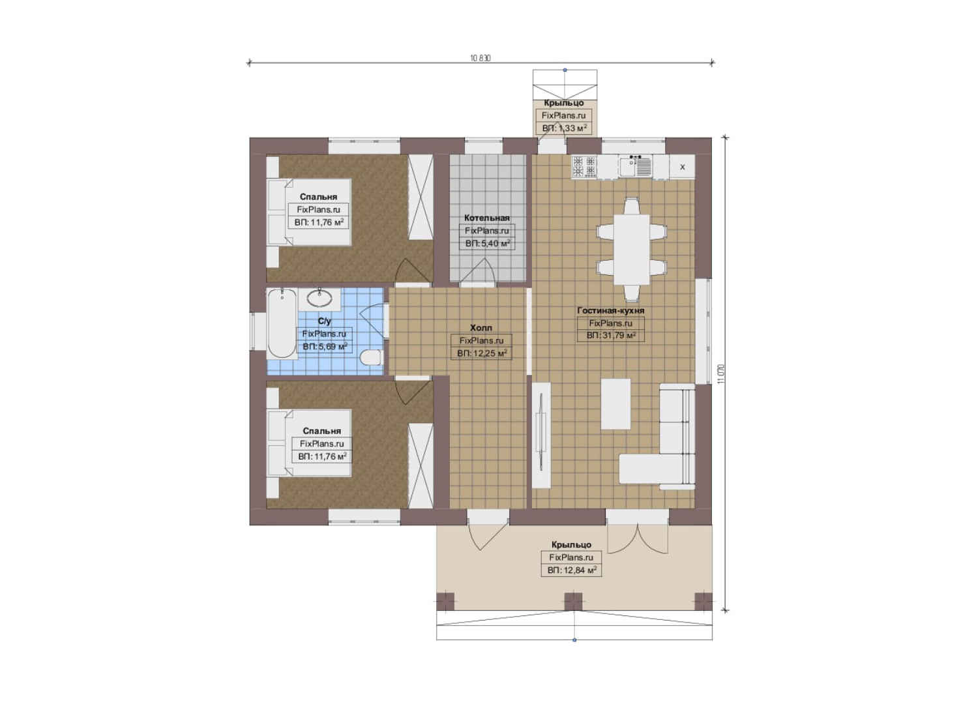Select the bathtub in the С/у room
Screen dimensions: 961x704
[x=282, y=323]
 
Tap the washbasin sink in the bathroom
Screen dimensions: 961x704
[x=319, y=298]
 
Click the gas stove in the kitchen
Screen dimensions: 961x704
[x=584, y=166]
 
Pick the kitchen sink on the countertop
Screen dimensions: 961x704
[x=636, y=166]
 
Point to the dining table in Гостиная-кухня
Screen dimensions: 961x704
[x=632, y=249]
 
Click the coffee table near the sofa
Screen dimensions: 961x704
[x=615, y=403]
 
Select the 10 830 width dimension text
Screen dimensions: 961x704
[x=480, y=59]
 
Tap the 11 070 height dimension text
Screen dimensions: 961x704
[x=721, y=374]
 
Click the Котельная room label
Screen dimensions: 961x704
[x=487, y=218]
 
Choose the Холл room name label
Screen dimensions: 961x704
[x=481, y=328]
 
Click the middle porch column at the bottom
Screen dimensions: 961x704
[x=573, y=602]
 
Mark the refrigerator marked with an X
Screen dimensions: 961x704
[x=682, y=167]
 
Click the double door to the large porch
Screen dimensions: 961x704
[x=638, y=538]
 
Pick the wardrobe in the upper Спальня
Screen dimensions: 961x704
[x=420, y=198]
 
